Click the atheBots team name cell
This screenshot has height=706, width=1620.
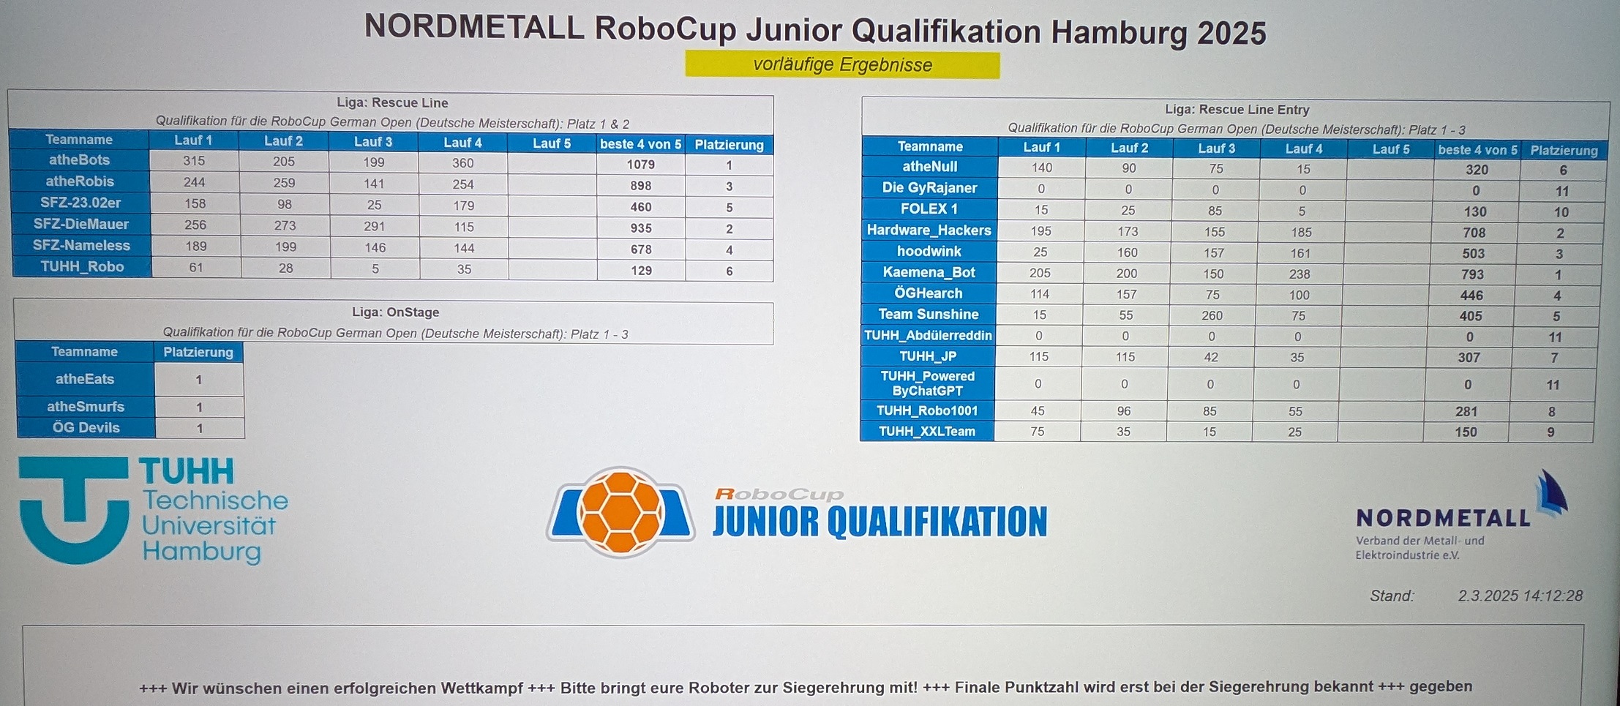click(x=80, y=160)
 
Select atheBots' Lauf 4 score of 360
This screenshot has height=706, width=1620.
click(x=463, y=163)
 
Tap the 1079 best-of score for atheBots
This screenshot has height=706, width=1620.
click(x=641, y=165)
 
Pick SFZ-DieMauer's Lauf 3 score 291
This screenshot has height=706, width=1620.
click(x=375, y=226)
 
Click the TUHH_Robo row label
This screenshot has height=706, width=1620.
click(x=82, y=266)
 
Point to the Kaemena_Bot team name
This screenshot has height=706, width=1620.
click(x=929, y=272)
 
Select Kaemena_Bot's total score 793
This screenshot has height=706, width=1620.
click(x=1472, y=274)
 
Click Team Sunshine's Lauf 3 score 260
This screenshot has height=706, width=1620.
click(x=1212, y=315)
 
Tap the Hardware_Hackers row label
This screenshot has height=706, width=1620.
click(x=929, y=230)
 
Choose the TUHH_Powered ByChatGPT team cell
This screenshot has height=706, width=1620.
click(x=928, y=383)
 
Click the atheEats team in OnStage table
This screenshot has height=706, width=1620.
click(x=85, y=379)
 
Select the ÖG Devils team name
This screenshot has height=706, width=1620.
click(x=86, y=428)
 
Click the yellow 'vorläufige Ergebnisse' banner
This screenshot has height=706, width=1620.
click(x=842, y=64)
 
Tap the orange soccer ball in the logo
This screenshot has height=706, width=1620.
click(x=620, y=512)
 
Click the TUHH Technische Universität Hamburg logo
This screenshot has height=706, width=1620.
click(x=153, y=511)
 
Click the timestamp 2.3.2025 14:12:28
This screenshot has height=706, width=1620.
click(x=1520, y=596)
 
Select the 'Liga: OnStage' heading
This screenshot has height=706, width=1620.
click(x=396, y=312)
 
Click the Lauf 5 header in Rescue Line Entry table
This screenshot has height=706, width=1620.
click(x=1390, y=149)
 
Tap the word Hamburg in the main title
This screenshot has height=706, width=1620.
click(x=1120, y=33)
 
